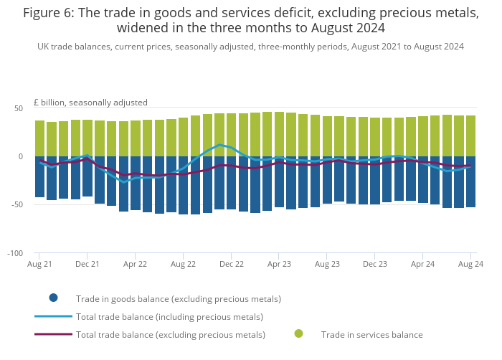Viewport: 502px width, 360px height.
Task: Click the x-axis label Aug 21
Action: click(x=39, y=265)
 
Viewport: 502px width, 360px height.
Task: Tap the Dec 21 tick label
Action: click(x=87, y=265)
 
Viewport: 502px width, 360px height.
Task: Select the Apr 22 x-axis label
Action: click(x=135, y=265)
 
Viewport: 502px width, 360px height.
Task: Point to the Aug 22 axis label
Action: click(x=183, y=265)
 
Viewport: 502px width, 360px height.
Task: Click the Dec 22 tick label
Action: click(x=231, y=265)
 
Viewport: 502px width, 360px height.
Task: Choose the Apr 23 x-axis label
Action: click(x=279, y=265)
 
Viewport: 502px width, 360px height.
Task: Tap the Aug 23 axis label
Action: click(x=327, y=265)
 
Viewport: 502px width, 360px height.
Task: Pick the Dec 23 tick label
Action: click(x=375, y=265)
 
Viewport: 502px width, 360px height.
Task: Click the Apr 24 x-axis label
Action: click(x=423, y=265)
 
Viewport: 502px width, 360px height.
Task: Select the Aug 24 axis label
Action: click(x=471, y=265)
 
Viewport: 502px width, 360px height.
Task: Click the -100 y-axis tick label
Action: click(x=15, y=254)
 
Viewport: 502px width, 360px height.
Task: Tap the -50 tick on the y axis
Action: click(x=17, y=205)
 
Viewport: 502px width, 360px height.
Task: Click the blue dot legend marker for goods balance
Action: click(x=54, y=298)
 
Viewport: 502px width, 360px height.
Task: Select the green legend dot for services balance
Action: click(x=298, y=333)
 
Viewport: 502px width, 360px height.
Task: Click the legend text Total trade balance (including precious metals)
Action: click(x=169, y=316)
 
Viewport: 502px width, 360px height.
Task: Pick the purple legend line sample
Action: click(x=53, y=334)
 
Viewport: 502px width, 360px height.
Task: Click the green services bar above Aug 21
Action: click(x=39, y=138)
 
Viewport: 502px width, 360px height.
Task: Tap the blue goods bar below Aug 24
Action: click(x=471, y=182)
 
